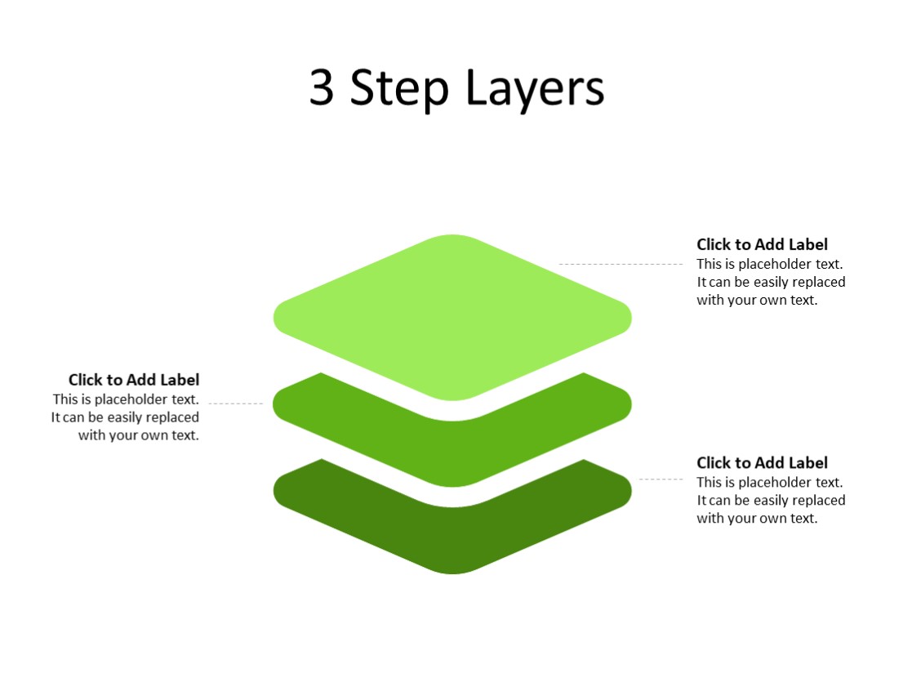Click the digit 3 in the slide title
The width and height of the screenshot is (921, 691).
click(322, 88)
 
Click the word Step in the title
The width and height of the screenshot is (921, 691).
click(399, 88)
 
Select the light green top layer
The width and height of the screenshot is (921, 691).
click(452, 317)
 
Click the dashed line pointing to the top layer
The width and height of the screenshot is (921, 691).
click(621, 264)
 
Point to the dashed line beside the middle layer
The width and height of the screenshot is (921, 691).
click(236, 403)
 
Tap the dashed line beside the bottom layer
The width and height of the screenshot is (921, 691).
click(661, 479)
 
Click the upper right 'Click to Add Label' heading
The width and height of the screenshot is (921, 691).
click(762, 244)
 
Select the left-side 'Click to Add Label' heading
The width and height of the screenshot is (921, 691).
click(134, 380)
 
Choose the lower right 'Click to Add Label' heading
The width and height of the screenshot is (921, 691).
click(762, 463)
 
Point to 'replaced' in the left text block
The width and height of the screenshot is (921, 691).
click(172, 417)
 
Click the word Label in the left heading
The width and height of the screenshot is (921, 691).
click(180, 380)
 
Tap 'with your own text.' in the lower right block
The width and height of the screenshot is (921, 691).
click(757, 519)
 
